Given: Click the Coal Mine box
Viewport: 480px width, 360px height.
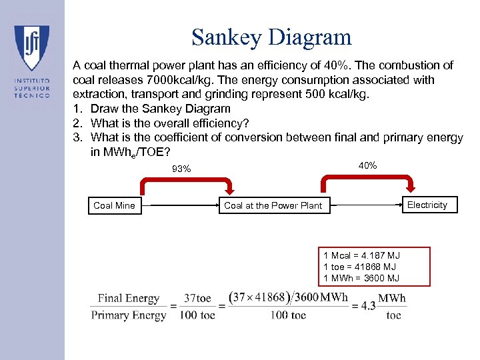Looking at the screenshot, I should (x=114, y=205).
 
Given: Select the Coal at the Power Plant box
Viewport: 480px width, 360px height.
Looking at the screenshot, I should (x=273, y=205).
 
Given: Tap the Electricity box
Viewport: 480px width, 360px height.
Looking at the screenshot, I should (x=427, y=205).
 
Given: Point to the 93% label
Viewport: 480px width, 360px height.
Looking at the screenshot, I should (x=181, y=169).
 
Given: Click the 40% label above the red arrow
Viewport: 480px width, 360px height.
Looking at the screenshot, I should (x=367, y=165).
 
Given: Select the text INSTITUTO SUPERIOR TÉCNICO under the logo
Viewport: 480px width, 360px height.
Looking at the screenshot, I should (x=32, y=87).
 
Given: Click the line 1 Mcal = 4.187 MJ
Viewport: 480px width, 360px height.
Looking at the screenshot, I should (x=361, y=255).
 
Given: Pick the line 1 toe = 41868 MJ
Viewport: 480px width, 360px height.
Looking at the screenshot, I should (x=359, y=267).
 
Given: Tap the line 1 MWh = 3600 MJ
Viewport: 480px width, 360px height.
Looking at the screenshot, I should (x=361, y=278).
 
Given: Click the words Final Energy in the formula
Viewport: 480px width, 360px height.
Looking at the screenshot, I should (x=129, y=299).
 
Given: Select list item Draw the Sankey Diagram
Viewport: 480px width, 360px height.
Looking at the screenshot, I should (x=160, y=109).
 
